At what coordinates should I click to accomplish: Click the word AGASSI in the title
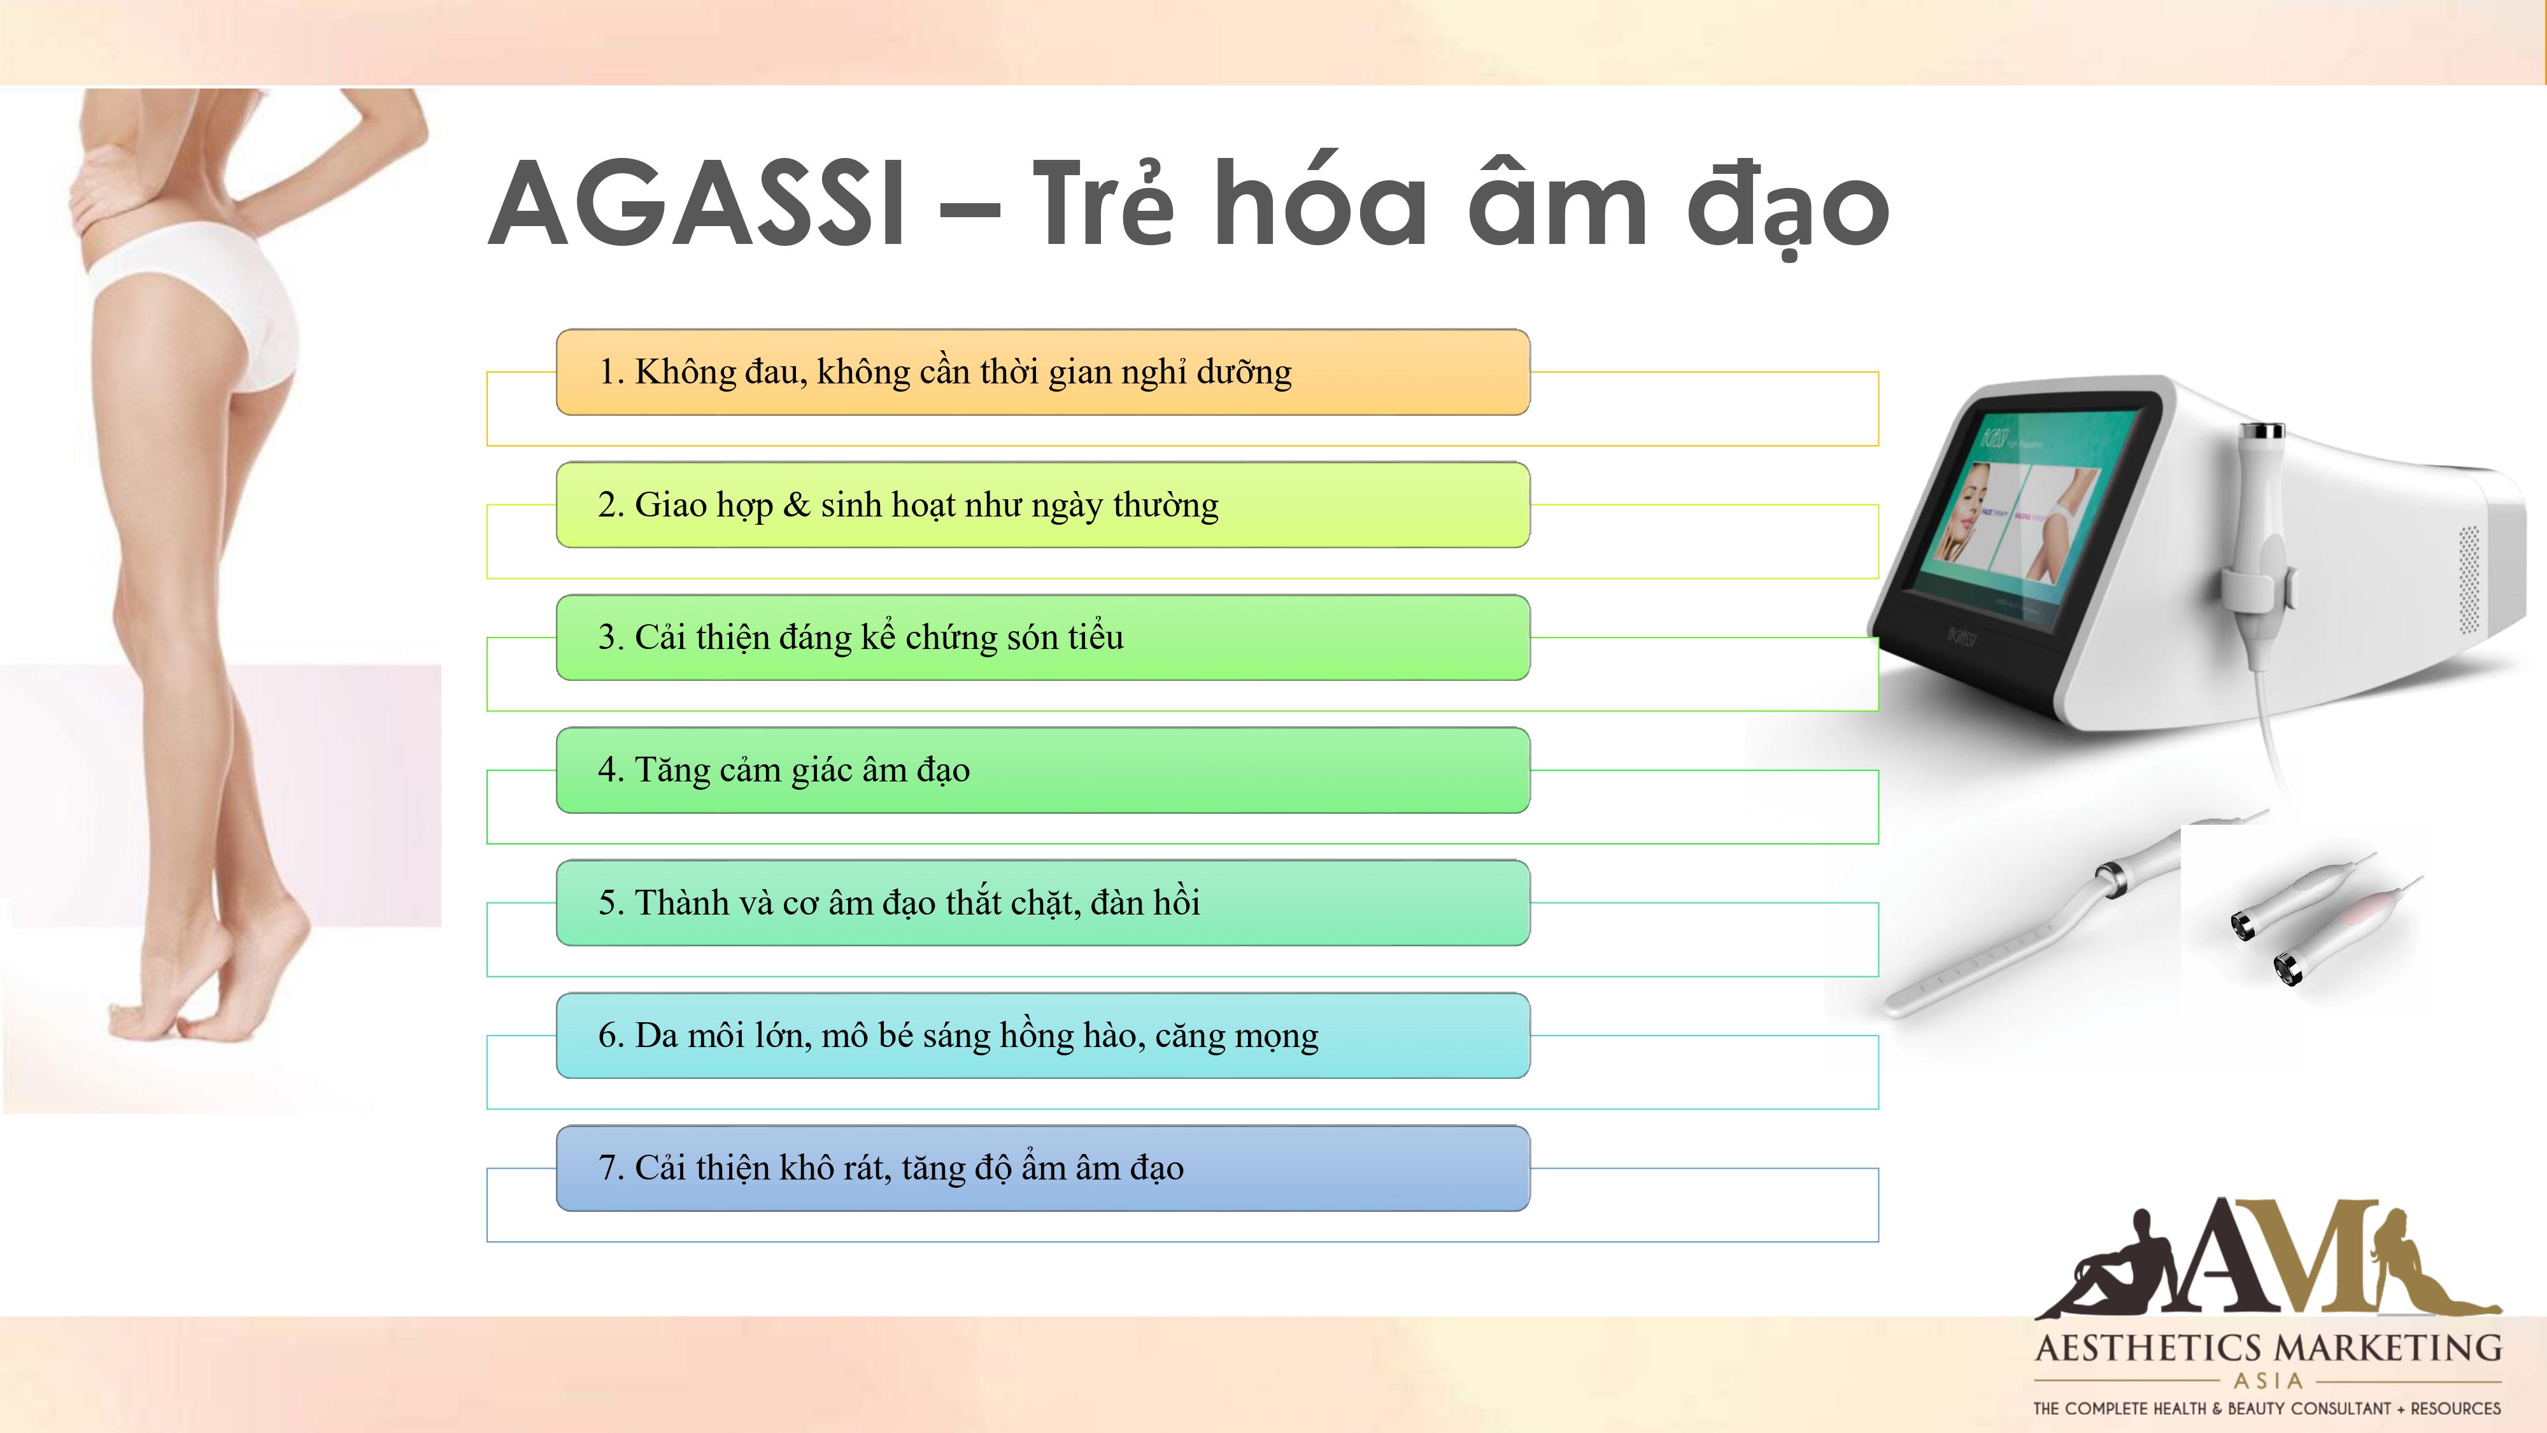point(697,204)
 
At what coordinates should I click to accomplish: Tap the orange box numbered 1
point(1043,372)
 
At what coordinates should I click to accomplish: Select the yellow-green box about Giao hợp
point(1043,504)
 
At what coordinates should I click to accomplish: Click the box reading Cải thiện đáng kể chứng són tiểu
point(1043,637)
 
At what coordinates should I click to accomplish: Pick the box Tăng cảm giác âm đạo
point(1043,769)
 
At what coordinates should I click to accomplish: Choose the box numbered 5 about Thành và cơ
point(1043,902)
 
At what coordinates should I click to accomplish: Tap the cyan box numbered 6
point(1043,1034)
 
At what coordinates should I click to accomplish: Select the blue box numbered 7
point(1043,1167)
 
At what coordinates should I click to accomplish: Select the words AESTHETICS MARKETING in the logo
point(2268,1348)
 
